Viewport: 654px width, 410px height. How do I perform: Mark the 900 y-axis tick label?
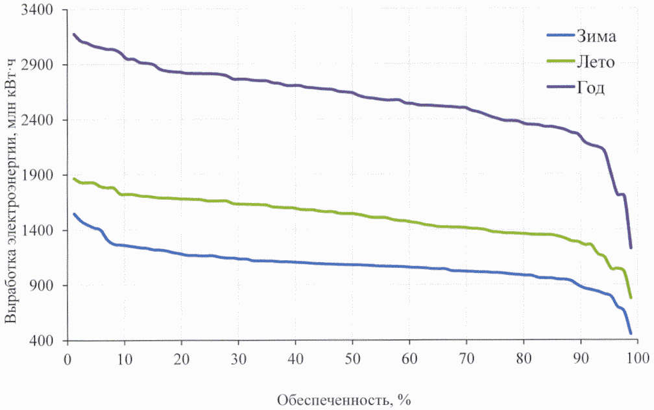coord(45,286)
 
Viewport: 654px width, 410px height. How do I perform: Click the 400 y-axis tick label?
coord(45,341)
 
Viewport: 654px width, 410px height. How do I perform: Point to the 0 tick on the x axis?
coord(67,359)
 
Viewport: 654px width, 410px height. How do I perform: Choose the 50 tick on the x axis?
coord(352,359)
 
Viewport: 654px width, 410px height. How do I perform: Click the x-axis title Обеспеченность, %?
coord(345,398)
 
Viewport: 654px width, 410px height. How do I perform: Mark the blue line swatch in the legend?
coord(560,35)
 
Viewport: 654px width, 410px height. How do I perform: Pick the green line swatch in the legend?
coord(560,62)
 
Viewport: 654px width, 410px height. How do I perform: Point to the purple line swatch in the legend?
coord(560,88)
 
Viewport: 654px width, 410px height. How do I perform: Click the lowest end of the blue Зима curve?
coord(630,333)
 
